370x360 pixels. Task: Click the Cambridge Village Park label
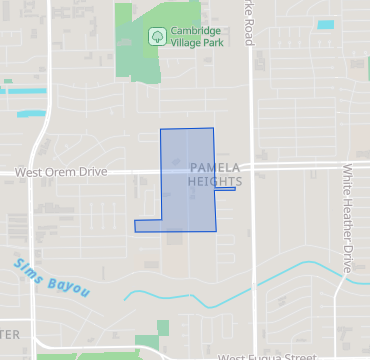195,37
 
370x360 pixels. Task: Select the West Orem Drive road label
60,172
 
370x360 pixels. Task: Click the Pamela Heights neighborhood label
214,175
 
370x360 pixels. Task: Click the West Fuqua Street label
267,356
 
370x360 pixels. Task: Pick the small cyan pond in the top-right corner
326,24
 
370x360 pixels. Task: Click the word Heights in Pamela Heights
214,182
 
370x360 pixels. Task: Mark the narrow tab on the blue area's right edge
225,190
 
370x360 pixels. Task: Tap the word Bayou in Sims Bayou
71,288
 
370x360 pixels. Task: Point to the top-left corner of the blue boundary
162,130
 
